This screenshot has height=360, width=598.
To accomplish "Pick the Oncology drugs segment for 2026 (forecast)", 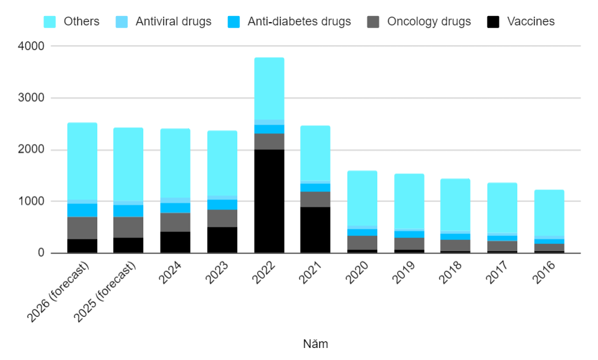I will pos(82,228).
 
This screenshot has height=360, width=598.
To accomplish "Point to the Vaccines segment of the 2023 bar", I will pos(222,240).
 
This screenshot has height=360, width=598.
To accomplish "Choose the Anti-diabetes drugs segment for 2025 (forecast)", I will pos(129,211).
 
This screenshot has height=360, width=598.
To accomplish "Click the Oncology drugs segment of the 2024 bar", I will pos(175,222).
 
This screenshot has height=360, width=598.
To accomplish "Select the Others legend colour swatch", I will pos(49,21).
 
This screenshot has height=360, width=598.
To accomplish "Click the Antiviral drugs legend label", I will pos(173,21).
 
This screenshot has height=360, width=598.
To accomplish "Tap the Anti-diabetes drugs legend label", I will pos(299,21).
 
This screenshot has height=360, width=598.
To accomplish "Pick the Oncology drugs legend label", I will pos(429,21).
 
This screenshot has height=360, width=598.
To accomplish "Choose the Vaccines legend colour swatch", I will pos(493,21).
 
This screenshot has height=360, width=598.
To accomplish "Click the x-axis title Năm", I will pos(315,344).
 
